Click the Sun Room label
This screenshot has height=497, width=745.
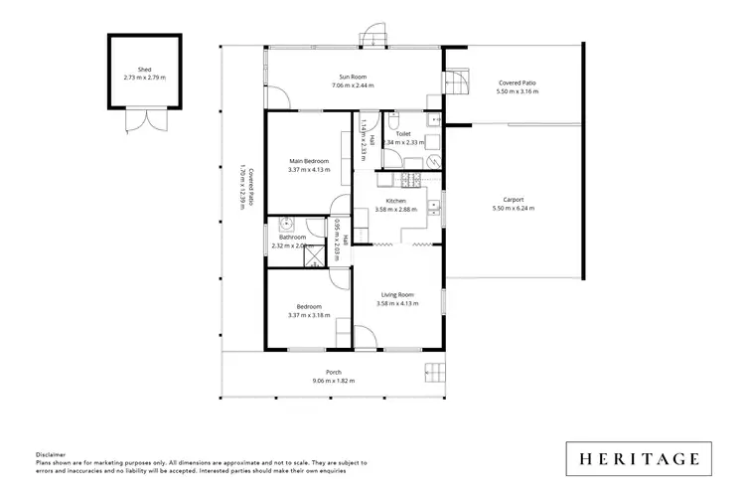coord(350,76)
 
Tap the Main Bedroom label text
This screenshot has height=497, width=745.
coord(308,161)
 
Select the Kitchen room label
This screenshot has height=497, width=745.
coord(395,201)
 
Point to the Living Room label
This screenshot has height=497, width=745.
coord(394,293)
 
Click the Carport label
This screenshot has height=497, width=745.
coord(513,199)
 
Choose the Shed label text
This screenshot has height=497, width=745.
coord(145,69)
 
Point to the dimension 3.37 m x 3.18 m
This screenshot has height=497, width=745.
coord(308,315)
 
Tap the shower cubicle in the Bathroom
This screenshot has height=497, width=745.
coord(313,256)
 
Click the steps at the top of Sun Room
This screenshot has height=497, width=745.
coord(372,37)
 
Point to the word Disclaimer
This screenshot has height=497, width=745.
coord(52,452)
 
